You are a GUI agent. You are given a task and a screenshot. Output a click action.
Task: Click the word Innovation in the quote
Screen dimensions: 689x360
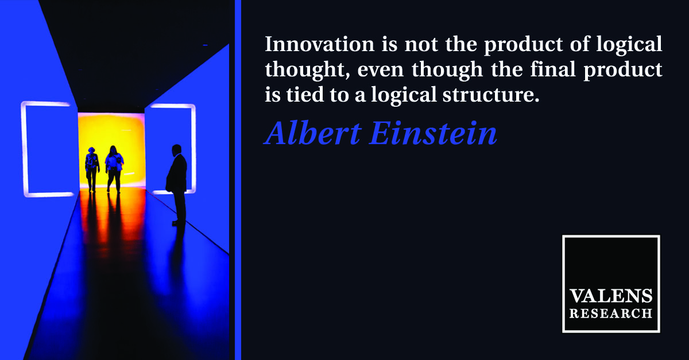click(320, 44)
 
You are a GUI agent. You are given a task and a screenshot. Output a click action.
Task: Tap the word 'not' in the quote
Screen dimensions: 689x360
click(421, 45)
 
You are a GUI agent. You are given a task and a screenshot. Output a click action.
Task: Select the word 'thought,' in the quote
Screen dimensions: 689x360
click(308, 71)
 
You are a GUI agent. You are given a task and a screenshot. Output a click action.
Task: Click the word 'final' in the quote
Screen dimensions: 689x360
click(553, 69)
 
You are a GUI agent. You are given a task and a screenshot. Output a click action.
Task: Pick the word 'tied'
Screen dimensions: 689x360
click(305, 95)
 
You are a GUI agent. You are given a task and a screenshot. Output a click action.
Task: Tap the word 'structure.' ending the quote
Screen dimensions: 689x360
click(491, 95)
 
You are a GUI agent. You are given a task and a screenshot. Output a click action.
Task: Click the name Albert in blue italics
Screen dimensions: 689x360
click(312, 134)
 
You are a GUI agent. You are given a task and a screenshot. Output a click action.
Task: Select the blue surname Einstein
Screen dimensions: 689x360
click(433, 134)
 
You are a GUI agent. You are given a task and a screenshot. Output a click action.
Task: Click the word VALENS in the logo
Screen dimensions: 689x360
click(610, 296)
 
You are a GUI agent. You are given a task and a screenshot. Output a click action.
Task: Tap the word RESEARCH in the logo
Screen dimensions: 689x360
click(610, 313)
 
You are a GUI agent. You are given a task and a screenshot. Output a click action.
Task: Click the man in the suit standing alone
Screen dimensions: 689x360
click(177, 185)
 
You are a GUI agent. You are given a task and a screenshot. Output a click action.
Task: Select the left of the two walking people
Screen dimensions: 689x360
click(92, 169)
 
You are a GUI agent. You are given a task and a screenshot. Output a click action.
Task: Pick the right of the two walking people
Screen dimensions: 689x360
click(114, 169)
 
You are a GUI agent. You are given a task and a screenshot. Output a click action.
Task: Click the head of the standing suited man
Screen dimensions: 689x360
click(177, 150)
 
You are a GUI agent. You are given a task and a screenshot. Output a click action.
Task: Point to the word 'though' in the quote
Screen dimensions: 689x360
click(447, 71)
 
